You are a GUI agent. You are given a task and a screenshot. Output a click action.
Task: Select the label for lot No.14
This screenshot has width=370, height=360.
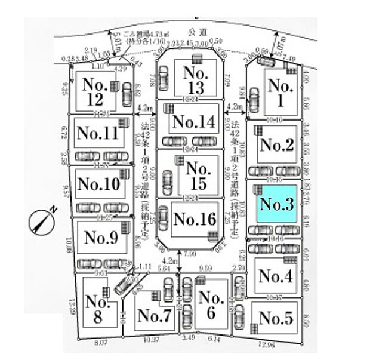click(192, 122)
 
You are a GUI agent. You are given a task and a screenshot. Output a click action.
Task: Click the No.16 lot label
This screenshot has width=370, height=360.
click(194, 219)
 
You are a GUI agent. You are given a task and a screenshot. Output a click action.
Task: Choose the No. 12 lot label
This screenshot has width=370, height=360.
click(95, 91)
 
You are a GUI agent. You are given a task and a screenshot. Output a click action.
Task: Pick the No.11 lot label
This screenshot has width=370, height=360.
click(98, 133)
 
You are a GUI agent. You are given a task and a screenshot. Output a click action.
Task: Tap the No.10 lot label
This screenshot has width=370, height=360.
click(98, 183)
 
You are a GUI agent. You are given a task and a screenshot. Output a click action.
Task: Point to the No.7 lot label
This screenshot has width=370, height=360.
click(154, 316)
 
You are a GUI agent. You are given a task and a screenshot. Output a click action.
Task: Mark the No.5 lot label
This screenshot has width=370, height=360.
click(276, 318)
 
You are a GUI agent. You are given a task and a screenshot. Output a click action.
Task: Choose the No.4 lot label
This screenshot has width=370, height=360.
click(276, 276)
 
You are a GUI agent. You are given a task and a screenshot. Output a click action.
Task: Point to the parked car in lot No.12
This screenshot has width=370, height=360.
click(127, 93)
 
